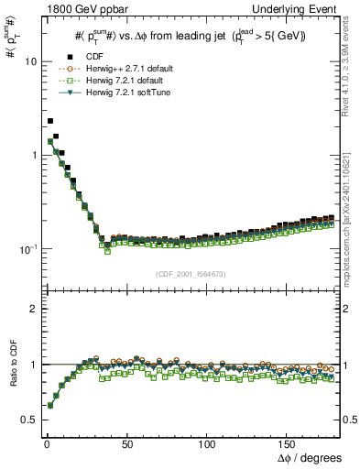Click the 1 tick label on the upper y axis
[28, 155]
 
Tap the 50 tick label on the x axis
[126, 443]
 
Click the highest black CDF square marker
[50, 121]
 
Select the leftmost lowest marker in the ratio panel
[50, 404]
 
